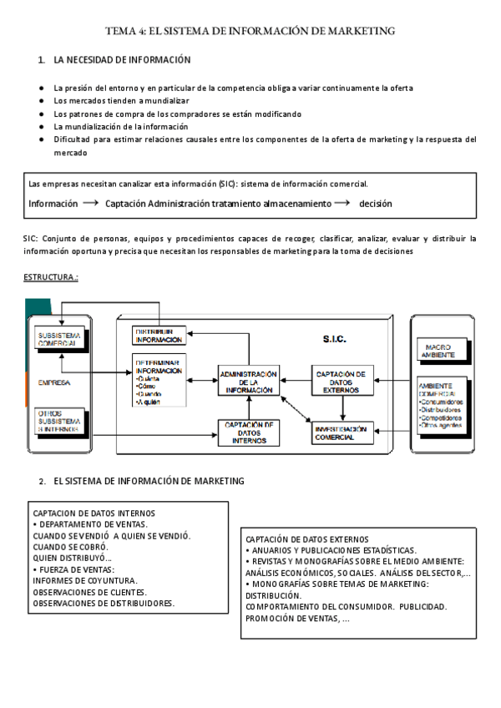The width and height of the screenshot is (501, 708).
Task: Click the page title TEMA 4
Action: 250,31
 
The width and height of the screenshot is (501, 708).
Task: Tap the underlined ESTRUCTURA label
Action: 51,276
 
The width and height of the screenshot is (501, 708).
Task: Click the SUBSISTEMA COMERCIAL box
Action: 58,338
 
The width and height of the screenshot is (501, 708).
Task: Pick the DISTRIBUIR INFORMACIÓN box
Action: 159,335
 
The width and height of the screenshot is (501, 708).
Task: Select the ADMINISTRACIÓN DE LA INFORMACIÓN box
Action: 248,380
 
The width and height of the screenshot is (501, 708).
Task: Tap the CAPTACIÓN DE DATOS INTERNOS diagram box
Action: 248,431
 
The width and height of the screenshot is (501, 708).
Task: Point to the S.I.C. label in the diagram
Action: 334,340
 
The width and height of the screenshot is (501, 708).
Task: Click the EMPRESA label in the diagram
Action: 49,382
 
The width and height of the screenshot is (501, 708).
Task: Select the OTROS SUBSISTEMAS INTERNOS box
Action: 58,422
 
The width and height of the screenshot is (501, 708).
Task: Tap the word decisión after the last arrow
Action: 376,203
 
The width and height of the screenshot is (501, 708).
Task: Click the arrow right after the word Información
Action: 91,203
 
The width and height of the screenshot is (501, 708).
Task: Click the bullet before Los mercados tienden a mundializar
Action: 41,100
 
